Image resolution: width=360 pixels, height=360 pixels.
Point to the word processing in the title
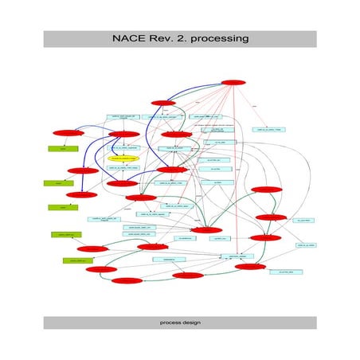tap(219, 37)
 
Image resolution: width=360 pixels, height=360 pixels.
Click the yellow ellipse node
tap(123, 158)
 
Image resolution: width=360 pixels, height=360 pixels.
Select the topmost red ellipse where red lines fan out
tap(232, 82)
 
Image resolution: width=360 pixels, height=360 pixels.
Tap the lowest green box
tap(76, 260)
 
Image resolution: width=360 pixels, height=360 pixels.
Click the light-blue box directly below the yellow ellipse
tap(123, 168)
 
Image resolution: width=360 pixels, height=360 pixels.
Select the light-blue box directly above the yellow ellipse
tap(123, 147)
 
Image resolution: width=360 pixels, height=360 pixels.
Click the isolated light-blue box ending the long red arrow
tap(271, 129)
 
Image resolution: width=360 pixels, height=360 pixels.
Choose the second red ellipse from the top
tap(163, 102)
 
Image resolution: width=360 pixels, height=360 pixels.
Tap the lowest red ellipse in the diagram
tap(127, 280)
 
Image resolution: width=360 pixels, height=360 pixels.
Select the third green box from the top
tap(57, 207)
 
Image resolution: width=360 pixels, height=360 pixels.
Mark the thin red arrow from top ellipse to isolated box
tap(252, 107)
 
